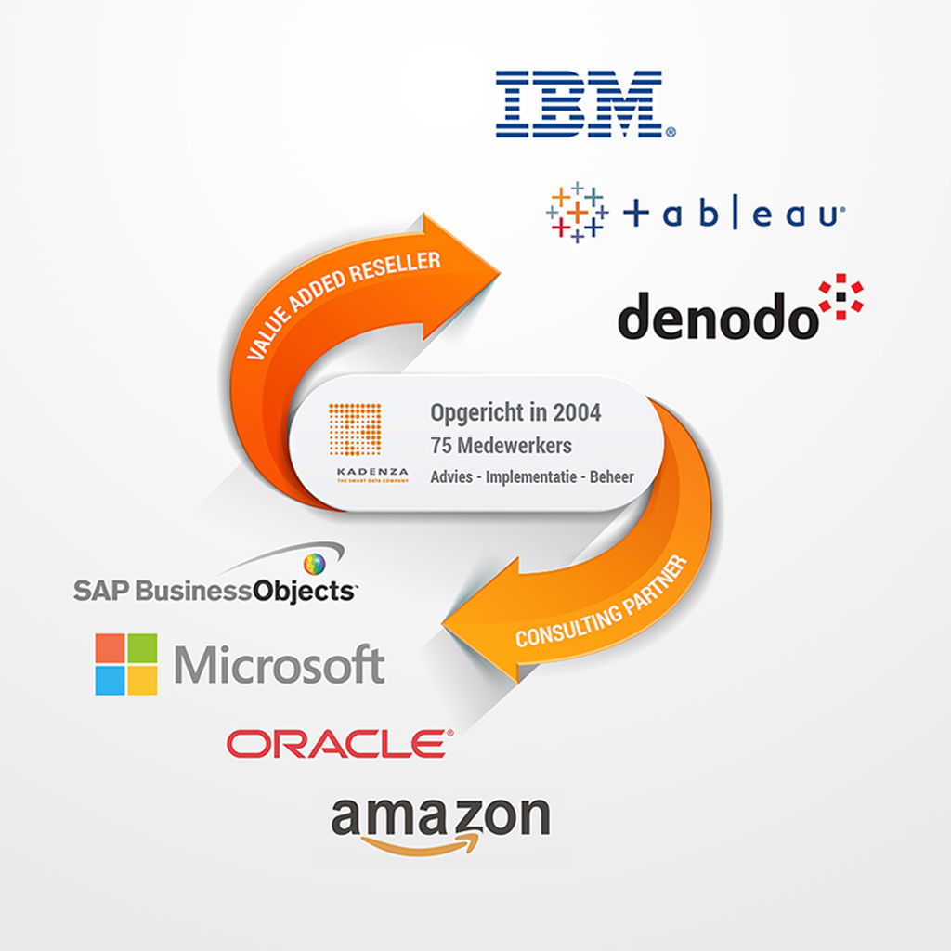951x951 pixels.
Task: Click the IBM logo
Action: coord(578,103)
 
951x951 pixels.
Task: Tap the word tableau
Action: coord(734,215)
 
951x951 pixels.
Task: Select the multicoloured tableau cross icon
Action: coord(576,213)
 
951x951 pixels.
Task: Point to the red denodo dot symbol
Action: coord(840,296)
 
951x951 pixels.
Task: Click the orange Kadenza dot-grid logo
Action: coord(355,429)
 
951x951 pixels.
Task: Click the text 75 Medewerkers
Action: coord(502,445)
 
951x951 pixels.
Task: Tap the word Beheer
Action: coord(612,477)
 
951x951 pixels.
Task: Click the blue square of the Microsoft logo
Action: coord(111,681)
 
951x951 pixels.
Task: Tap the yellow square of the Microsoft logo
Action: coord(142,681)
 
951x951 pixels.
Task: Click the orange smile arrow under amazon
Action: coord(423,842)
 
